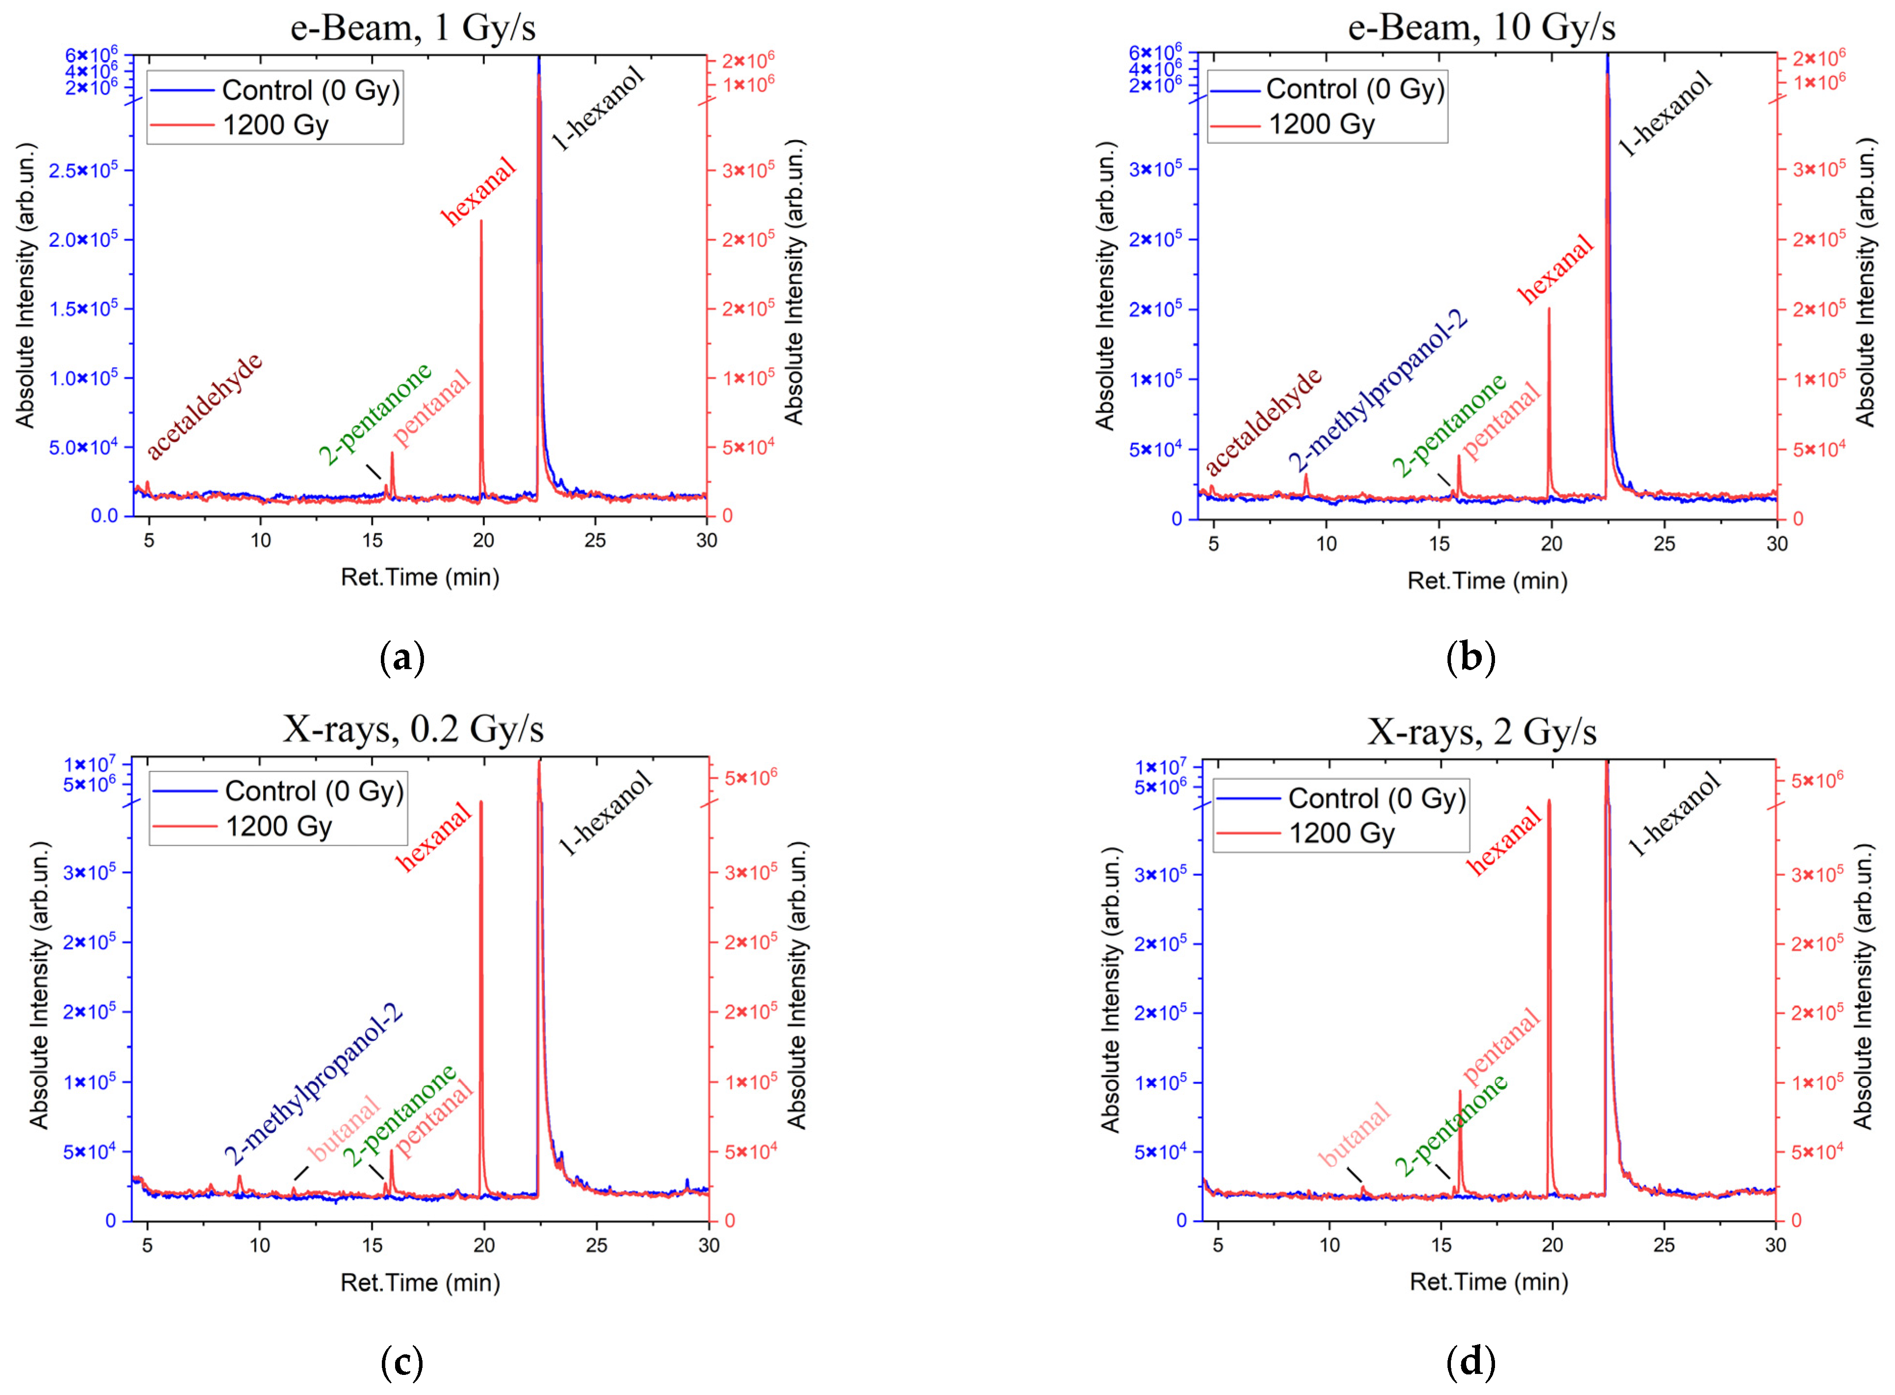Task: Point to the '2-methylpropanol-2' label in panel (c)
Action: click(x=313, y=1086)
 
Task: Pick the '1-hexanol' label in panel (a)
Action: click(x=598, y=108)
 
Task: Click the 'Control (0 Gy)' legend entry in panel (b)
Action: click(x=1354, y=89)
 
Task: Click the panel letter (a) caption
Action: click(x=402, y=658)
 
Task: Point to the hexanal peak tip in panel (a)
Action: click(x=481, y=221)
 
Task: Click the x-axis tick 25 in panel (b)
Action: click(x=1664, y=543)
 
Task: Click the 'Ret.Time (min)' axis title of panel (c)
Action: click(x=420, y=1283)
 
